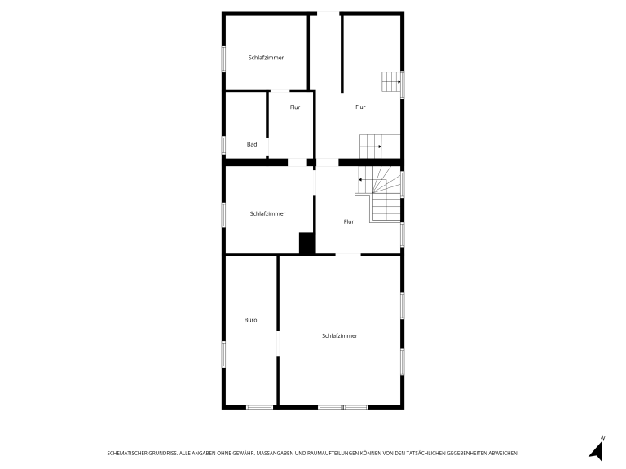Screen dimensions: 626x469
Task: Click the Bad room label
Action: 252,144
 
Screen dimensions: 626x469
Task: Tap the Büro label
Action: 251,320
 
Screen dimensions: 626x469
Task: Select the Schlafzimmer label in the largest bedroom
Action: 340,335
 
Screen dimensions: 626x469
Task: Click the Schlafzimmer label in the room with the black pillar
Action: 267,214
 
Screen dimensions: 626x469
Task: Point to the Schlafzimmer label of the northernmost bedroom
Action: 266,58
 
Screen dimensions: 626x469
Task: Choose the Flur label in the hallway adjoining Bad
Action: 295,107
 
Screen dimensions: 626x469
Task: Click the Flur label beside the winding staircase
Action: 349,221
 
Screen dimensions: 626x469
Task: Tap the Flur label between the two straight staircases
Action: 360,107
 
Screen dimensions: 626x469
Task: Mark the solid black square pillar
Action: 306,243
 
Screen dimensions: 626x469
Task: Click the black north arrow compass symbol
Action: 597,452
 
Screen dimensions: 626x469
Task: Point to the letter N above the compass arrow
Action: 603,438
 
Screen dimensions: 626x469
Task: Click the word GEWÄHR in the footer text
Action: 244,453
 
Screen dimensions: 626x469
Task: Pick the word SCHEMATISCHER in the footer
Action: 127,453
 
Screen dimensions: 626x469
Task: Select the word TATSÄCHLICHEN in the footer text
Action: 425,453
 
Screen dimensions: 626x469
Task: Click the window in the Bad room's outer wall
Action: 223,145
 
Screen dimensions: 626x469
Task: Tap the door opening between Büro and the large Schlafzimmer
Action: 278,343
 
